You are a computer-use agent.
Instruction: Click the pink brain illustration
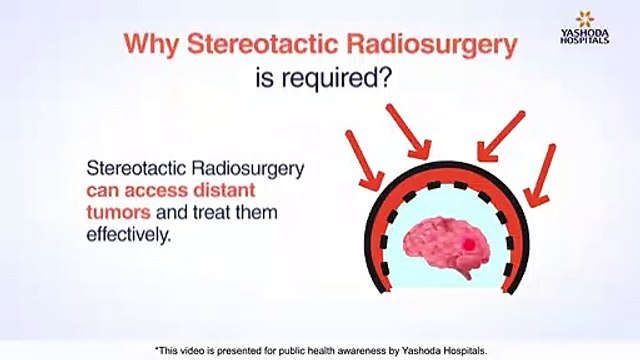click(x=445, y=244)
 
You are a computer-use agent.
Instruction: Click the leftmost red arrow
click(x=363, y=158)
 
